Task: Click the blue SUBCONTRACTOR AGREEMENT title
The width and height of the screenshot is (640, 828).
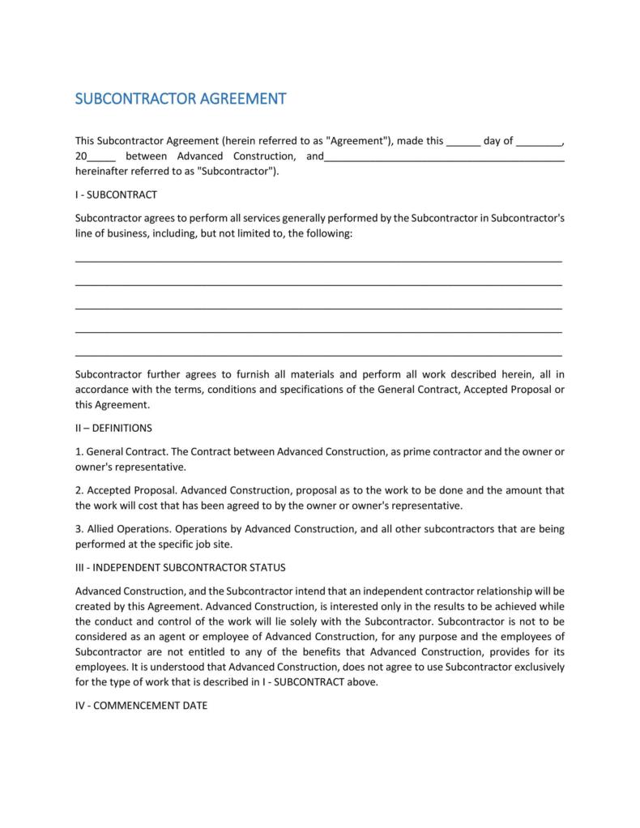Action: pyautogui.click(x=180, y=99)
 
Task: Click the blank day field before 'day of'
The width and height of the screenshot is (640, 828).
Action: pyautogui.click(x=463, y=142)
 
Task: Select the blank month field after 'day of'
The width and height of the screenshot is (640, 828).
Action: pyautogui.click(x=538, y=142)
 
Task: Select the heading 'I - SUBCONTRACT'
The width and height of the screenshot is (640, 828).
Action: pyautogui.click(x=116, y=194)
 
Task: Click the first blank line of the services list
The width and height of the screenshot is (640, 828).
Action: pyautogui.click(x=318, y=260)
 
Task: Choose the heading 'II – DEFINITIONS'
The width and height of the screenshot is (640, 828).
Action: pyautogui.click(x=113, y=428)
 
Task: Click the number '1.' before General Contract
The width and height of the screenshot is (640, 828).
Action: pyautogui.click(x=79, y=451)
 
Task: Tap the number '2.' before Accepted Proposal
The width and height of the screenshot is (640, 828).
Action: pyautogui.click(x=79, y=490)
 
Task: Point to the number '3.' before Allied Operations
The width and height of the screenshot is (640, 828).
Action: pyautogui.click(x=79, y=529)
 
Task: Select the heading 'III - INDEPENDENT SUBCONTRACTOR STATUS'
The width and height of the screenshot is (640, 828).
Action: pyautogui.click(x=180, y=567)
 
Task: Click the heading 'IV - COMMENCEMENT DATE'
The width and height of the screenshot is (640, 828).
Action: pyautogui.click(x=141, y=706)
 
